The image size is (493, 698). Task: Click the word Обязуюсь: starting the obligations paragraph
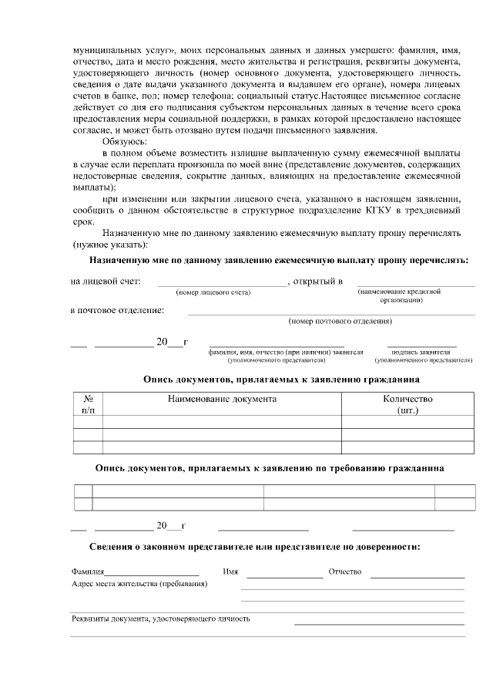124,142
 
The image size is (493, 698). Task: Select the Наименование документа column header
222,399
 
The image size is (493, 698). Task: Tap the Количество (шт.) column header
407,404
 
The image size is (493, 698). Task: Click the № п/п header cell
88,404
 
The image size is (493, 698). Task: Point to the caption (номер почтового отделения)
340,320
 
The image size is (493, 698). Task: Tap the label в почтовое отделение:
117,310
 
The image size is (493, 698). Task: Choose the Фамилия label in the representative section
87,572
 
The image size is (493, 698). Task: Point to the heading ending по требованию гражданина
269,468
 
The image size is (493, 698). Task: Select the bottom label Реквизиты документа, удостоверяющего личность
160,619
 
